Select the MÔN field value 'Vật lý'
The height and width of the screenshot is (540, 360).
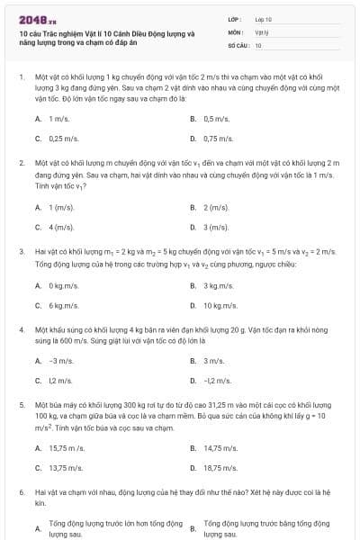(262, 31)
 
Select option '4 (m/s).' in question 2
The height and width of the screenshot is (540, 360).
(61, 227)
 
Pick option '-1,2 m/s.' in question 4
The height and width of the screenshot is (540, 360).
(217, 381)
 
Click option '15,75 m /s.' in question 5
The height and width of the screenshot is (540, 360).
(66, 447)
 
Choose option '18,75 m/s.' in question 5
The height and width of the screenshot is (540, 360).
(220, 467)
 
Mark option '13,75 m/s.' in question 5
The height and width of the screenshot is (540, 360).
(64, 467)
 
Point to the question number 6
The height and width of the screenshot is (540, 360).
(22, 493)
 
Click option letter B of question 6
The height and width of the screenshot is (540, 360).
(193, 528)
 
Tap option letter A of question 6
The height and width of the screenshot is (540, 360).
(38, 528)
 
